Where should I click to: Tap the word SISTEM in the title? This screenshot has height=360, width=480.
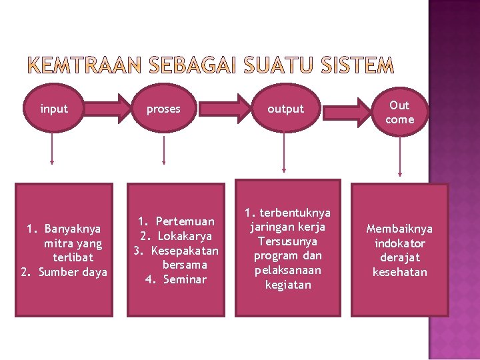357,65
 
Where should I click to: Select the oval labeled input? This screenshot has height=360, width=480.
53,109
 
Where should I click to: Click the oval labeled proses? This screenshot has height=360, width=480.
163,109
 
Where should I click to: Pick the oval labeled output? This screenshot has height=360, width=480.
285,109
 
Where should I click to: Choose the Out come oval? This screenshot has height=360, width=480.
399,112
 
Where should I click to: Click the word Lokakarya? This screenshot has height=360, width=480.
185,236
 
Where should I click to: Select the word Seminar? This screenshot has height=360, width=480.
185,279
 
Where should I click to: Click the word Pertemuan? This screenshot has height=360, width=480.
185,221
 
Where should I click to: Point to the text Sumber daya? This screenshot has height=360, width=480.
73,272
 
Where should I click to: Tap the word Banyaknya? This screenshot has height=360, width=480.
73,229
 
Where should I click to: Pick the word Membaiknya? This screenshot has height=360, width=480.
399,229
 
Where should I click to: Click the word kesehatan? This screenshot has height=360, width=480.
399,272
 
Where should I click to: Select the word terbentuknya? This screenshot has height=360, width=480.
295,213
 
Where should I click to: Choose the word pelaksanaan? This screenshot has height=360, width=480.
287,270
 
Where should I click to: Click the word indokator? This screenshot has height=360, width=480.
399,243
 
